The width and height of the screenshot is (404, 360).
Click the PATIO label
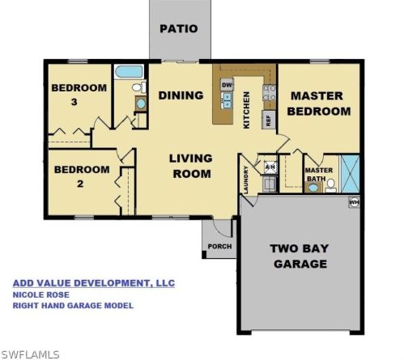coord(178,28)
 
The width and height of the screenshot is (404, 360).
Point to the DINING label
coord(180,95)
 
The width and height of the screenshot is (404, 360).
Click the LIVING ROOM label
coord(190,166)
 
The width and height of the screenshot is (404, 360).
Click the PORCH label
coord(219,246)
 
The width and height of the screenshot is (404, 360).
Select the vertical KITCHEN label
coord(247,109)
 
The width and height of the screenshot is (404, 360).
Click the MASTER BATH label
coord(318,175)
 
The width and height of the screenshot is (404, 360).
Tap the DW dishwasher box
coord(228,85)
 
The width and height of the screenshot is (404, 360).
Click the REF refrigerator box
coord(266,120)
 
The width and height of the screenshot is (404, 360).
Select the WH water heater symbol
coord(354,201)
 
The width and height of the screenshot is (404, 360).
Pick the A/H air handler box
coord(270,167)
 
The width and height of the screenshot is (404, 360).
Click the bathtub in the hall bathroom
coord(129,72)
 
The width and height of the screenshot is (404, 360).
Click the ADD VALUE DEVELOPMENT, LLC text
coord(93,283)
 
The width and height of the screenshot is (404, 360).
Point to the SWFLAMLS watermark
coord(31,354)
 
